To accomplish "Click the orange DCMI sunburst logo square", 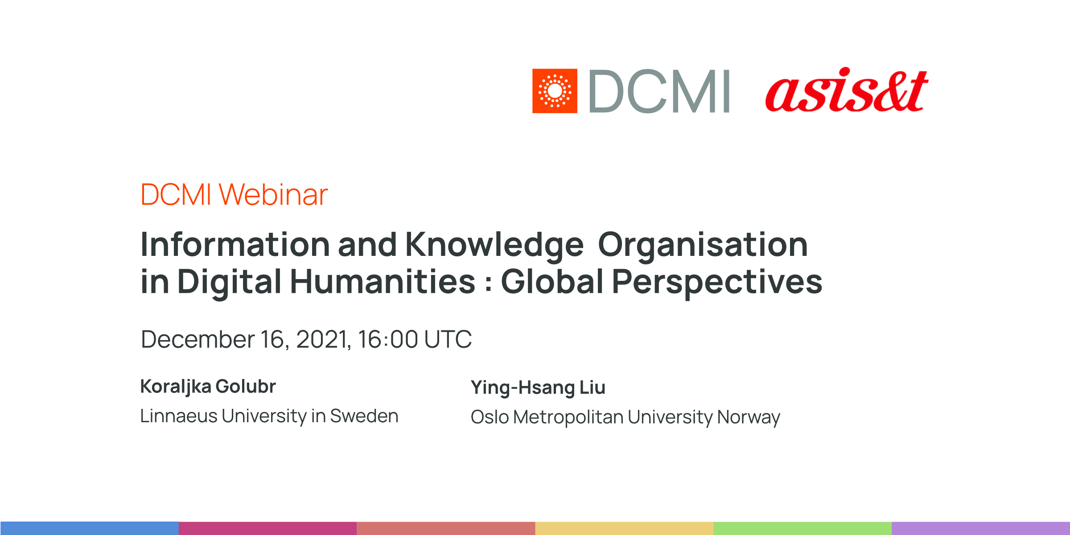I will point(555,91).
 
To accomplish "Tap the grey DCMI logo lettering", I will point(659,91).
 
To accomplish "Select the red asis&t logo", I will point(846,91).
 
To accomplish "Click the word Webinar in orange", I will point(273,195).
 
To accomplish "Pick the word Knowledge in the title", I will point(494,245).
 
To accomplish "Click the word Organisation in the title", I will point(703,245).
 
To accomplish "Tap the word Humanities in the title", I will point(383,282).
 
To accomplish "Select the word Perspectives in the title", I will point(717,282).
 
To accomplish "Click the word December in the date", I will point(198,339).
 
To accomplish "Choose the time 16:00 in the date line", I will point(388,339).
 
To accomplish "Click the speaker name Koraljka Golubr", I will point(208,387).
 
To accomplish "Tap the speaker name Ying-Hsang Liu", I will point(538,387).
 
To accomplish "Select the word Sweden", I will point(364,416).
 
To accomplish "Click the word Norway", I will point(749,417).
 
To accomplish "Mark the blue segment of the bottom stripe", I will point(89,528).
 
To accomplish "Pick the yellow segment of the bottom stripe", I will point(624,528).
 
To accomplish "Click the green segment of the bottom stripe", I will point(802,528).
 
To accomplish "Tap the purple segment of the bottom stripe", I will point(981,528).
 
